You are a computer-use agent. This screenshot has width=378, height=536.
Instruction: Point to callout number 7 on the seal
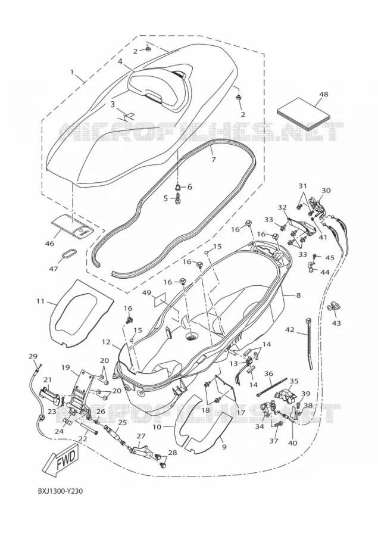[214, 159]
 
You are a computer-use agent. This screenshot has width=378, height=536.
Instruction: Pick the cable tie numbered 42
[308, 344]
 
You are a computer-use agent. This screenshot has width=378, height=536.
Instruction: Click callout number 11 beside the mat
[40, 301]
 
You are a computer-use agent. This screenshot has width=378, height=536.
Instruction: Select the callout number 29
[33, 356]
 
